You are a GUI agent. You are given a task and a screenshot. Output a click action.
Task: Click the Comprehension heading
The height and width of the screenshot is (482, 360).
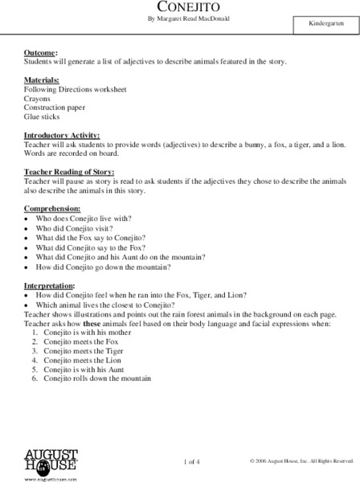[54, 210]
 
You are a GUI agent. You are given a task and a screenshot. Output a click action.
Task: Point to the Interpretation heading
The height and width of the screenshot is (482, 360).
[50, 285]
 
